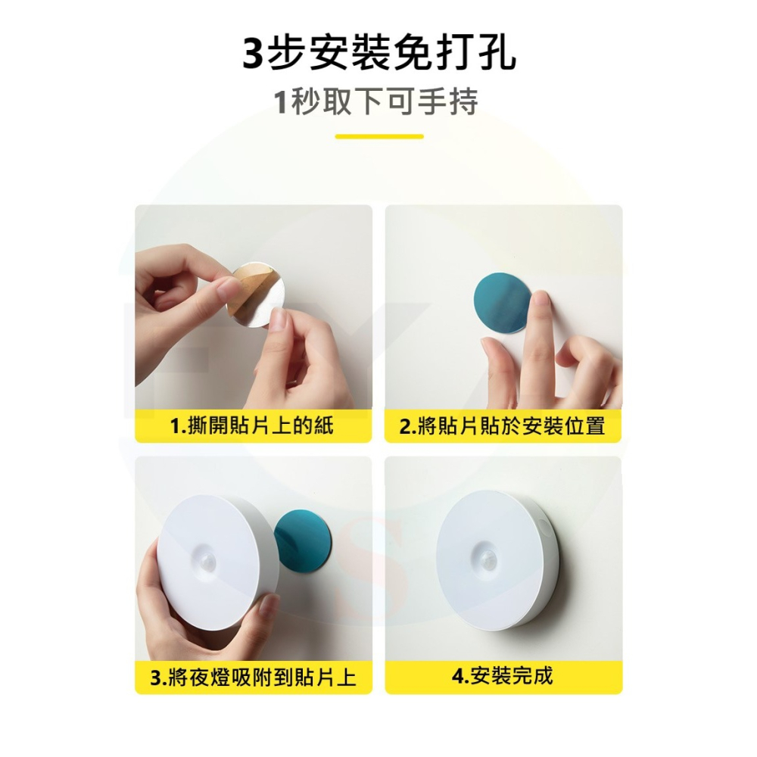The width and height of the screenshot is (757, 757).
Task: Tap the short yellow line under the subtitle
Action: tap(378, 137)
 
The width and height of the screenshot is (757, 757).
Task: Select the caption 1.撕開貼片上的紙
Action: tap(253, 426)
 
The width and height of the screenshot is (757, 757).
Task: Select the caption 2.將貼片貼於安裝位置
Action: tap(503, 426)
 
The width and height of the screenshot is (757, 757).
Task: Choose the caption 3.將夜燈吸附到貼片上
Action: tap(253, 677)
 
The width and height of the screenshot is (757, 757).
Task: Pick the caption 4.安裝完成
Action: tap(503, 676)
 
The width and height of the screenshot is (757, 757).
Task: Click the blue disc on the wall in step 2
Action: tap(502, 303)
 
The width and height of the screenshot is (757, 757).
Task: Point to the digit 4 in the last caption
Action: tap(457, 677)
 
